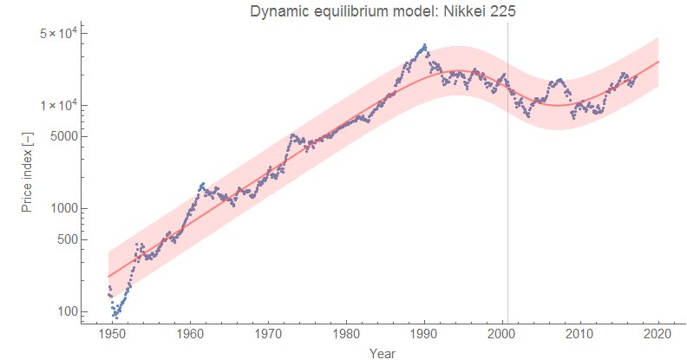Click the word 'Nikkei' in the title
(457, 11)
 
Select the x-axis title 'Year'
(383, 353)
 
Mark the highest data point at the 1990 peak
(424, 45)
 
